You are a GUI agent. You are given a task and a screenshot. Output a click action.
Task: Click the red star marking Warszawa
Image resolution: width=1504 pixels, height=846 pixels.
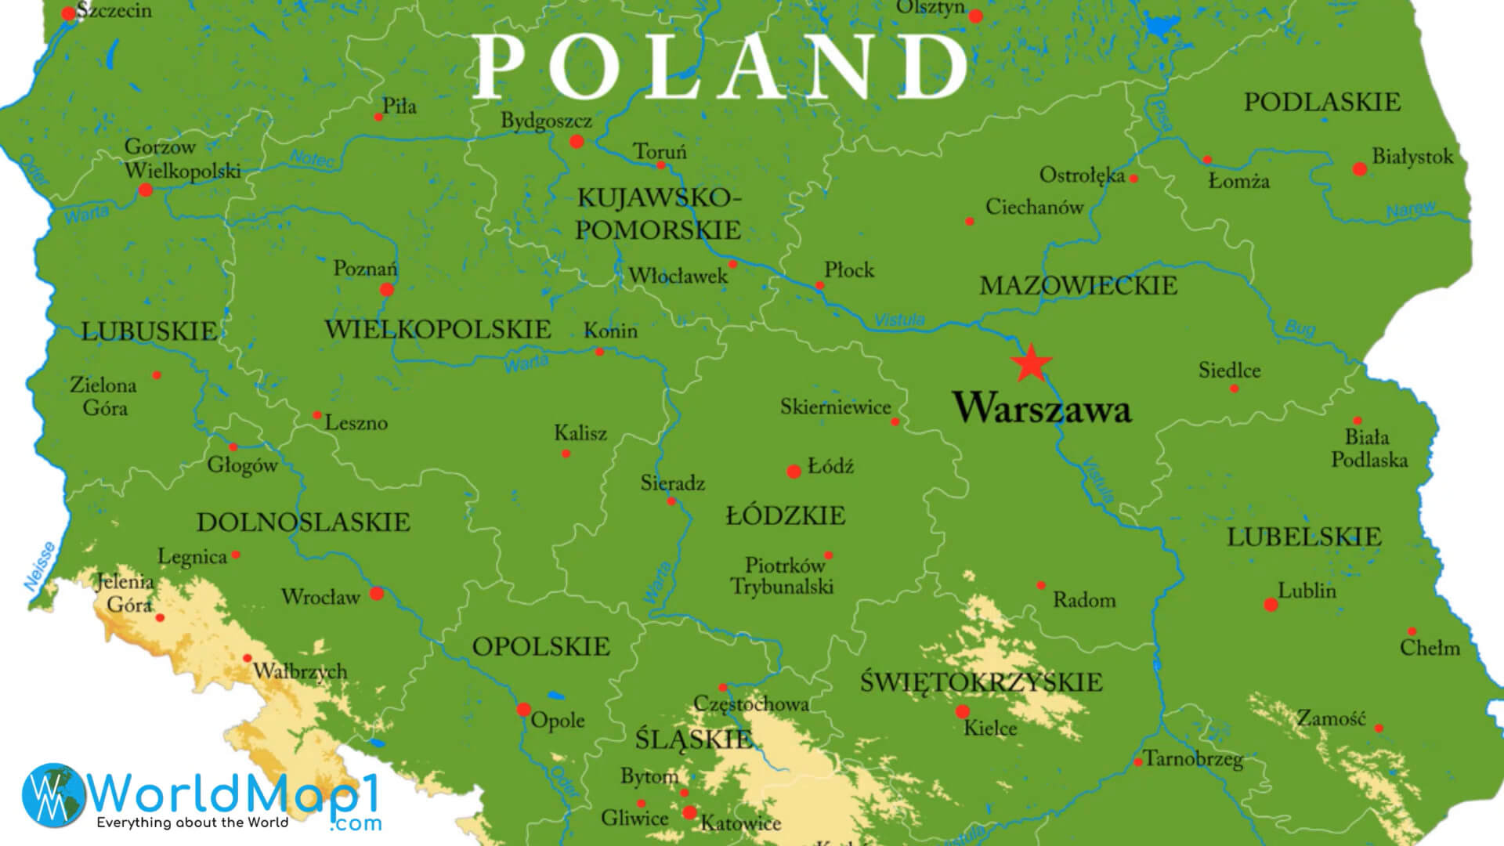point(1030,363)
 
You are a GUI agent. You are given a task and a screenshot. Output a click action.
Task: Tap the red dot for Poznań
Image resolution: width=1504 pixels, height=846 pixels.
point(386,291)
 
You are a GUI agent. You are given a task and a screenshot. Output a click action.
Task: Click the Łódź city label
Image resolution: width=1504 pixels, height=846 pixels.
point(830,467)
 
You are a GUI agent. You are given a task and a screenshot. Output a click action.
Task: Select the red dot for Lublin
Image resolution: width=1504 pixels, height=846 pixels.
point(1271,605)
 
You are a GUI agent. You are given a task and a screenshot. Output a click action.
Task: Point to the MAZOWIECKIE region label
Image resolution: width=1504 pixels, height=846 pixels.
point(1078,286)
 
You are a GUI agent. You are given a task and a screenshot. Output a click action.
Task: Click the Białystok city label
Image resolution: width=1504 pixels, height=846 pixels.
point(1412,157)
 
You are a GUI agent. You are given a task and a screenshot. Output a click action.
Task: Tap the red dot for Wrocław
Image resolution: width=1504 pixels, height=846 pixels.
point(377,594)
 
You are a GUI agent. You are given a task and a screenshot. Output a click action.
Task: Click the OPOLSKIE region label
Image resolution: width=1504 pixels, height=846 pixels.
point(540,647)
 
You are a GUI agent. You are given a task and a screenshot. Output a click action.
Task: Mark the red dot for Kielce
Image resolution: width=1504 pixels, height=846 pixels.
point(962,712)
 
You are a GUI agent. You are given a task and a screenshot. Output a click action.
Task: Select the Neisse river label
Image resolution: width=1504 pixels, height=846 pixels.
point(39,566)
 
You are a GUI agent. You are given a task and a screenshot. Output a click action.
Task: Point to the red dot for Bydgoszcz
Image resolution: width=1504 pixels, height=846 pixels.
point(577,142)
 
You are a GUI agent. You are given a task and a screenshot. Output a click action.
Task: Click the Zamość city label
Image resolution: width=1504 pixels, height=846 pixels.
point(1331,718)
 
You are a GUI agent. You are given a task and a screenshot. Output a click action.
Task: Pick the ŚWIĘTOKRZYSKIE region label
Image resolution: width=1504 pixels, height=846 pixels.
point(981,682)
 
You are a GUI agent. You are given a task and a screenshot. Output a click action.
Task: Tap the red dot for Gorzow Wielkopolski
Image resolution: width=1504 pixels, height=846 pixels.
point(146,190)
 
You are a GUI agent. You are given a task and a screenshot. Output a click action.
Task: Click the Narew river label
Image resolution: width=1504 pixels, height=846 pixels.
point(1411,210)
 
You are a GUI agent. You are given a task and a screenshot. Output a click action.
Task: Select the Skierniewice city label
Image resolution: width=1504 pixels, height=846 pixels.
point(835,407)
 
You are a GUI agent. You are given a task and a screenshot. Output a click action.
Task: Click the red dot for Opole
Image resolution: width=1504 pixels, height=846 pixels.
point(524,710)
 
